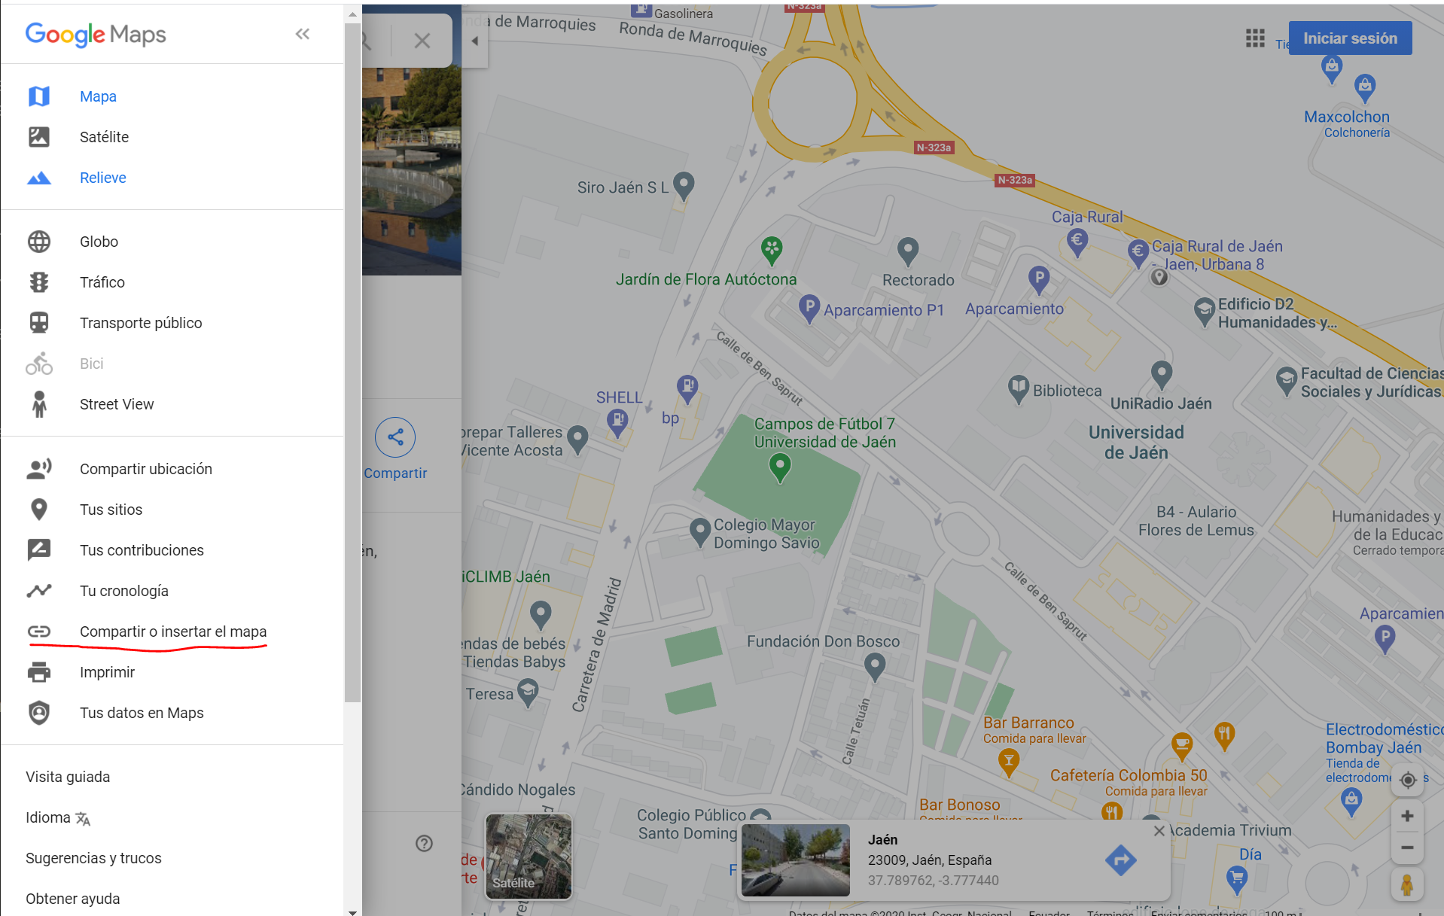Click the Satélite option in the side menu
click(104, 137)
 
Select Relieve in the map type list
click(102, 178)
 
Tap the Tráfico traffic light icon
click(39, 282)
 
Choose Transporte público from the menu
click(140, 323)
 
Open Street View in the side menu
click(116, 404)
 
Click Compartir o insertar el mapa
click(172, 631)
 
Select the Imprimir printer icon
click(39, 672)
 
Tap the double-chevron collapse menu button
click(303, 34)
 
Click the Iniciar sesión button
click(1349, 38)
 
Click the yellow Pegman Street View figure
click(1406, 884)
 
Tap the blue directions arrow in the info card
click(1120, 860)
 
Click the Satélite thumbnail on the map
click(529, 857)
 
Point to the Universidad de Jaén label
click(1136, 443)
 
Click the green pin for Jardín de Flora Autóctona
click(772, 249)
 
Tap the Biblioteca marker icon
click(1018, 388)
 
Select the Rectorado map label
click(918, 280)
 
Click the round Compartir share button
click(395, 437)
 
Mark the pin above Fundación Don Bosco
click(874, 666)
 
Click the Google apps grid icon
click(1254, 38)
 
